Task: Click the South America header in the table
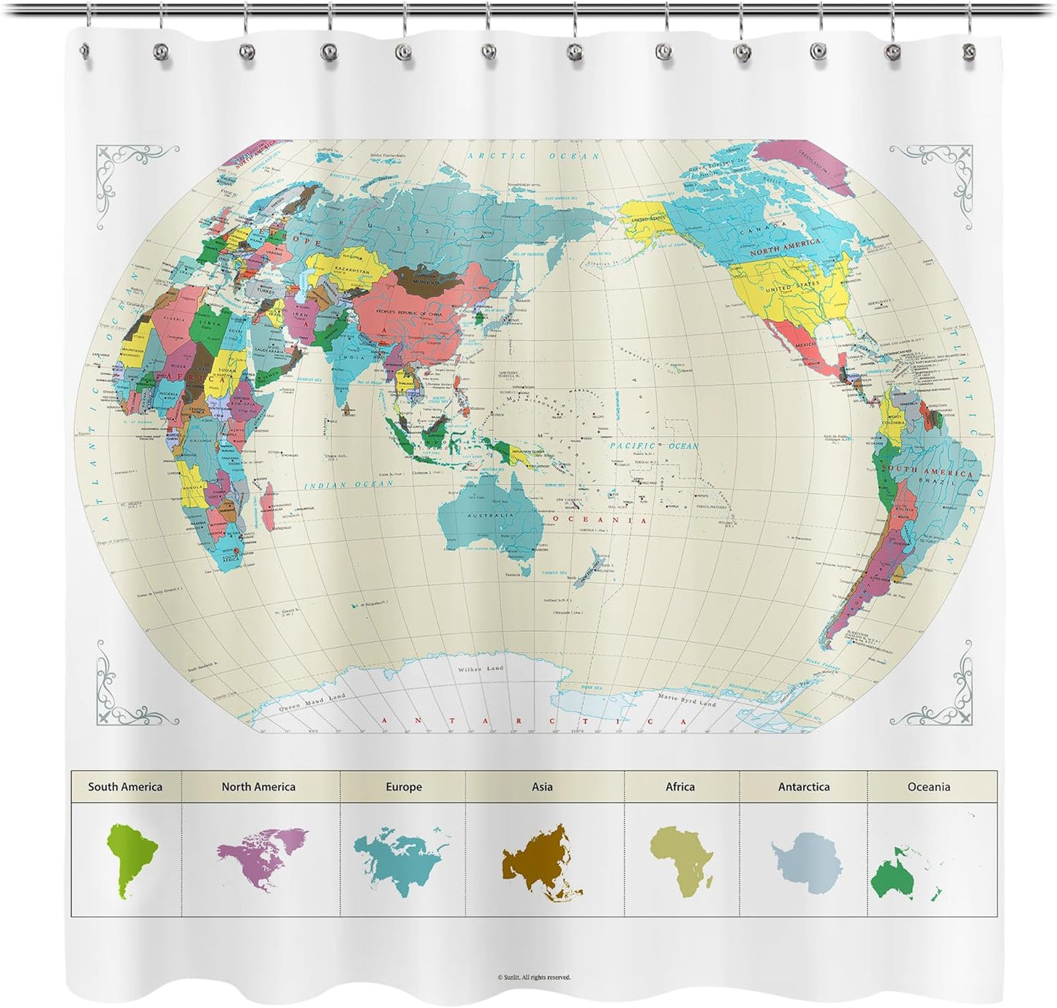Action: (x=125, y=787)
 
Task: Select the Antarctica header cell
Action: (x=803, y=787)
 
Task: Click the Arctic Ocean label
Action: (x=533, y=156)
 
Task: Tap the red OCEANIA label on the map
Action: (x=600, y=520)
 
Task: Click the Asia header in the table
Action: (x=542, y=787)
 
